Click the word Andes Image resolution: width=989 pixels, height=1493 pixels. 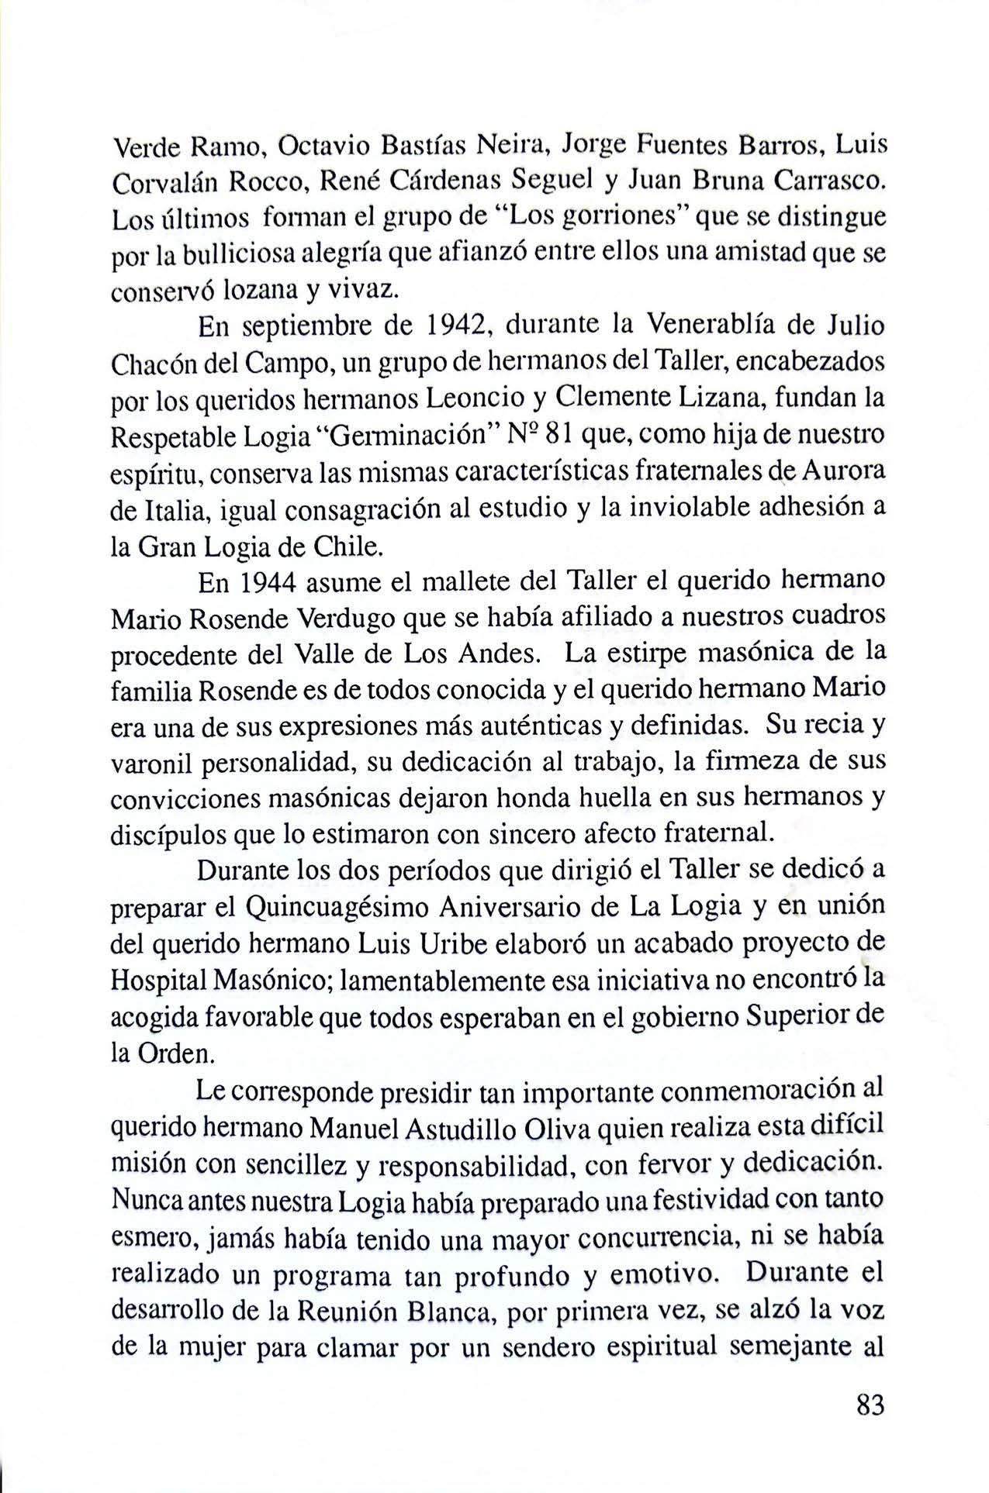[494, 655]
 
